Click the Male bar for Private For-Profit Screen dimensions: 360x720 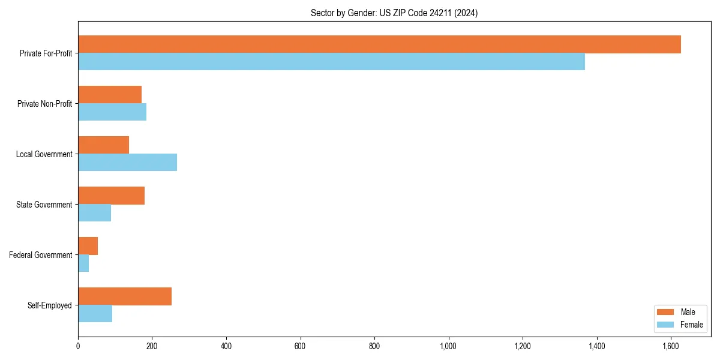click(379, 44)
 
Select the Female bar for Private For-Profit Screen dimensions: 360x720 click(331, 62)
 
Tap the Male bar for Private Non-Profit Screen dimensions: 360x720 click(110, 95)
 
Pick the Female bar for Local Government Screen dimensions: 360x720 click(127, 163)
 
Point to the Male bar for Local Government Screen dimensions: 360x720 click(103, 145)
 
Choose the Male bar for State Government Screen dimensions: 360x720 click(111, 196)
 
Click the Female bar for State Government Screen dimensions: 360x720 click(94, 213)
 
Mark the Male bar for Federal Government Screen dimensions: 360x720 click(88, 246)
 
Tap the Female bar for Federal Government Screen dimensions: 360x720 click(83, 263)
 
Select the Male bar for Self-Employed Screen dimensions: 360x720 click(125, 296)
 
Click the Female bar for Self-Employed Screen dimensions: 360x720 click(95, 314)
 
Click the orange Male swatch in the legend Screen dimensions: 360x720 click(666, 312)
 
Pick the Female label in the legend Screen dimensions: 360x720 click(691, 325)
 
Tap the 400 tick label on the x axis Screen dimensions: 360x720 click(226, 346)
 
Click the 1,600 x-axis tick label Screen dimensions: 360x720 click(671, 346)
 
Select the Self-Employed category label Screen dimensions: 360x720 click(50, 305)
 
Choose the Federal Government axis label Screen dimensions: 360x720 click(41, 255)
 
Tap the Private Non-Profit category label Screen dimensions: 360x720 click(44, 104)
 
